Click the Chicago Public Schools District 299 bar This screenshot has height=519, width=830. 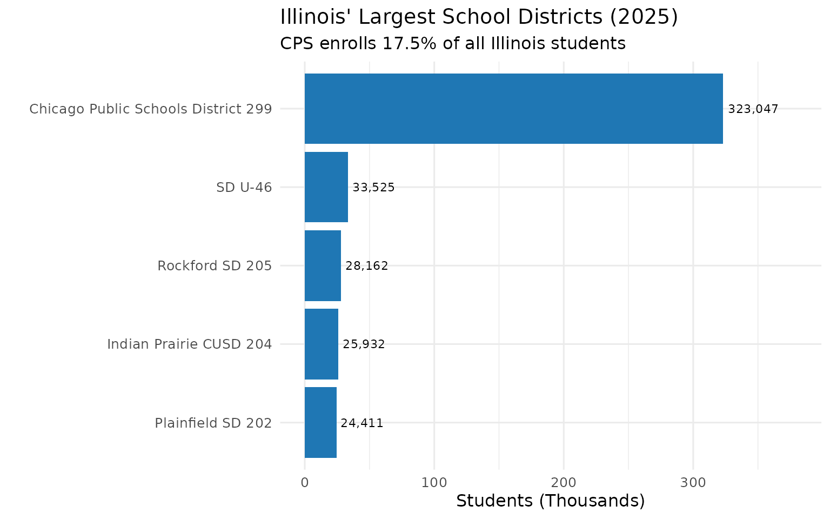[513, 109]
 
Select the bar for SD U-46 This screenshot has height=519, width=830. [326, 187]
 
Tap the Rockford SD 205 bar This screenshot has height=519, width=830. [323, 265]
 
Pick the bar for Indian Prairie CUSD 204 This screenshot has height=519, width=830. [322, 344]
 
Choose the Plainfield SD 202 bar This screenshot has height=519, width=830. [320, 422]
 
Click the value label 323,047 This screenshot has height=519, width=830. [753, 109]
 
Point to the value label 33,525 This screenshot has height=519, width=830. [373, 188]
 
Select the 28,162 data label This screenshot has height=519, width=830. [366, 266]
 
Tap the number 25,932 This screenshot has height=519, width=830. [364, 344]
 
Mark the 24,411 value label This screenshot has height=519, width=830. [362, 423]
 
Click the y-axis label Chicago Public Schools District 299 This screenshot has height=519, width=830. [150, 109]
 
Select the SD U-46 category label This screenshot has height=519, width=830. [244, 188]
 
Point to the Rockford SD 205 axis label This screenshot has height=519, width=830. [215, 266]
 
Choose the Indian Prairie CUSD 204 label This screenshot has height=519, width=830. [189, 344]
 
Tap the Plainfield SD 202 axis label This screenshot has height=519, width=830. [213, 423]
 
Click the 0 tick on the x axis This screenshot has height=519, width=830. [305, 482]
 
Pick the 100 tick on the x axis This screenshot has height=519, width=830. [434, 482]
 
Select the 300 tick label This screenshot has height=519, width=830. [693, 482]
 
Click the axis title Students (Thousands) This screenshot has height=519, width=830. [550, 501]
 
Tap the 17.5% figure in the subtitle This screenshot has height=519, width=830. [409, 43]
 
